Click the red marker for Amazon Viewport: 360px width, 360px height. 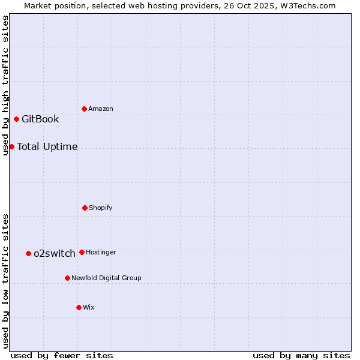tap(84, 109)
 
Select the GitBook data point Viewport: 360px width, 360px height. tap(16, 119)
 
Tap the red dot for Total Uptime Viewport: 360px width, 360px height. tap(11, 146)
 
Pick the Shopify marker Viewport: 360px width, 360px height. tap(85, 208)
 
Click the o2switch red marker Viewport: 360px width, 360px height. tap(28, 253)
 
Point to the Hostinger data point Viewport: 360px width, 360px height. tap(82, 252)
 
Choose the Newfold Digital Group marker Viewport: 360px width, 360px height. tap(67, 278)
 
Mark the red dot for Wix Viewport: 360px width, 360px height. tap(79, 307)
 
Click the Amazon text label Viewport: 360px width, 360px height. tap(101, 109)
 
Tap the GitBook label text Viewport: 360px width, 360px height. tap(40, 119)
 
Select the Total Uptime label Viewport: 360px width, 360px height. tap(47, 146)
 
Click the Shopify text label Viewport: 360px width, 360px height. tap(101, 208)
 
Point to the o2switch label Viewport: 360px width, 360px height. tap(55, 253)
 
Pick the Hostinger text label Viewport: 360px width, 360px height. tap(101, 252)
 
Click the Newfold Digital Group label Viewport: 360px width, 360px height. tap(106, 278)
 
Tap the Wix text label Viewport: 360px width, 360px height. tap(89, 307)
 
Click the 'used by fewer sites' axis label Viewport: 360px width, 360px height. tap(62, 355)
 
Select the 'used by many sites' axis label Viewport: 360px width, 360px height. tap(301, 355)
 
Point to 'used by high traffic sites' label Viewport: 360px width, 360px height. tap(5, 85)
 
